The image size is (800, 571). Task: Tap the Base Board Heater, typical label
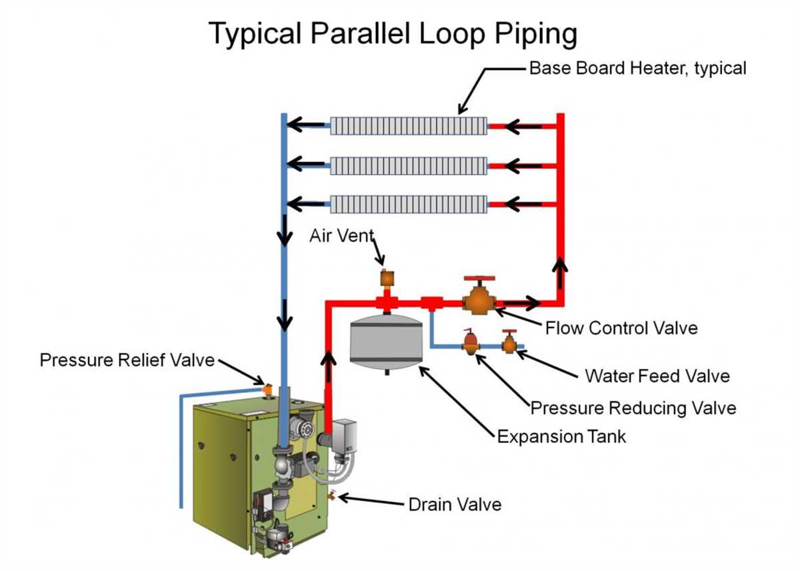[637, 68]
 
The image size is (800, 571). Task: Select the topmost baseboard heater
[408, 125]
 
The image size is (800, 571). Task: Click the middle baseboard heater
[408, 164]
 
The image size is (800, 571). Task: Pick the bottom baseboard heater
[408, 203]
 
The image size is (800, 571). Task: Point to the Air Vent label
[341, 236]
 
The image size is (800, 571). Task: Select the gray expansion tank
[387, 340]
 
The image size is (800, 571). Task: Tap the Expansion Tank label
[561, 437]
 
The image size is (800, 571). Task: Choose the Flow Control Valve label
[621, 328]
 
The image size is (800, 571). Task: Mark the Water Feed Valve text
[657, 376]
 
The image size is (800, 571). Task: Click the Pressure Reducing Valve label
[633, 407]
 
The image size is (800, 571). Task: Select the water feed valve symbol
[510, 343]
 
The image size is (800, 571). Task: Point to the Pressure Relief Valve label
[127, 360]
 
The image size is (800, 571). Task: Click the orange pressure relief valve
[268, 388]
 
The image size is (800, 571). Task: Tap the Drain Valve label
[455, 504]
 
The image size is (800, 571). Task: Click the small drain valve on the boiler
[332, 495]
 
